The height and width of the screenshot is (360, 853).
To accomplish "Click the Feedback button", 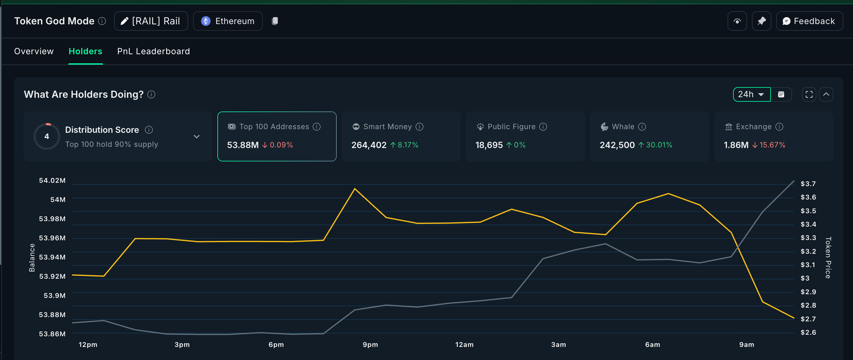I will (x=809, y=21).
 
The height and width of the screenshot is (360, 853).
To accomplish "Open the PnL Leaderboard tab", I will (x=153, y=51).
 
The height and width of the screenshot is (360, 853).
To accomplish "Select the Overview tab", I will (x=34, y=51).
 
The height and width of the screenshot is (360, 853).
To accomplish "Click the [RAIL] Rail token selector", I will (x=151, y=21).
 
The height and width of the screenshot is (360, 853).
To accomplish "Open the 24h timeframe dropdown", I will (x=751, y=94).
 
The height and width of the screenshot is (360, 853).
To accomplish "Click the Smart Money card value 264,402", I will (x=369, y=145).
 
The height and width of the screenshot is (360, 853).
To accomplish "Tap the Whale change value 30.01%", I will (x=659, y=145).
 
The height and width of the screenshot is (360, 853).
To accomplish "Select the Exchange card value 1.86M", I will (x=736, y=145).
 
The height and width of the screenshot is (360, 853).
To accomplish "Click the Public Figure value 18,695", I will (x=489, y=145).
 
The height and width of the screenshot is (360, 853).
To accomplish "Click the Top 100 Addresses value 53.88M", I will (x=243, y=145).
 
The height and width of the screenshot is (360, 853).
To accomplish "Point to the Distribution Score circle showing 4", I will (x=47, y=136).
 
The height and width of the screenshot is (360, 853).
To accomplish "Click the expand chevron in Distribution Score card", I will (x=196, y=136).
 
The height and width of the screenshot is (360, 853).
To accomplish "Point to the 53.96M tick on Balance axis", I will (x=52, y=238).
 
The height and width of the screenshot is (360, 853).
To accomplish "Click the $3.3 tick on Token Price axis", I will (x=808, y=238).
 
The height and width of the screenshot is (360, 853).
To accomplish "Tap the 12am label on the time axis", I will (x=464, y=344).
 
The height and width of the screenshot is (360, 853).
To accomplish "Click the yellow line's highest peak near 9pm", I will (x=355, y=189).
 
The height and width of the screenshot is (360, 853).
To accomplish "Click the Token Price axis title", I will (x=827, y=257).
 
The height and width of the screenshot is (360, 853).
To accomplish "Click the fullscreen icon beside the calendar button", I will (x=809, y=95).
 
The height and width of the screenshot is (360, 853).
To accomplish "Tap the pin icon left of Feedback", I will (x=761, y=21).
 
